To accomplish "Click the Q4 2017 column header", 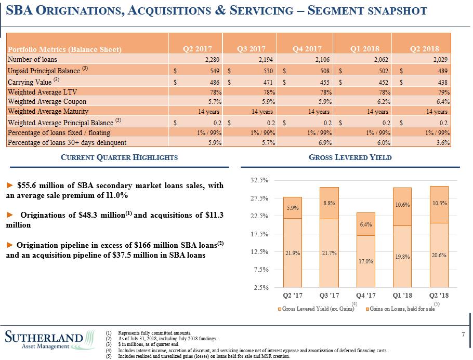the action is click(307, 49).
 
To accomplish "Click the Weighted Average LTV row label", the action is click(42, 92).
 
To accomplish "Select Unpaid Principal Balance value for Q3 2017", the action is click(268, 71).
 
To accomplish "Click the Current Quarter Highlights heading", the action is click(119, 157).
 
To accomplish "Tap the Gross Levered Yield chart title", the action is click(350, 157).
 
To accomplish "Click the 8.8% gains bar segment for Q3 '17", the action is click(329, 203).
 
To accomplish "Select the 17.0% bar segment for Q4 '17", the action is click(365, 261).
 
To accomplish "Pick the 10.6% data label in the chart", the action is click(402, 205).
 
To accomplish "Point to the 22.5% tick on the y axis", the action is click(259, 216).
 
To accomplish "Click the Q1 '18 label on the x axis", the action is click(402, 296).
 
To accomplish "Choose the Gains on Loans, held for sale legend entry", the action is click(400, 309).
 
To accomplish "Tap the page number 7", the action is click(463, 334).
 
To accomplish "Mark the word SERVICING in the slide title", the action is click(261, 10).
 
